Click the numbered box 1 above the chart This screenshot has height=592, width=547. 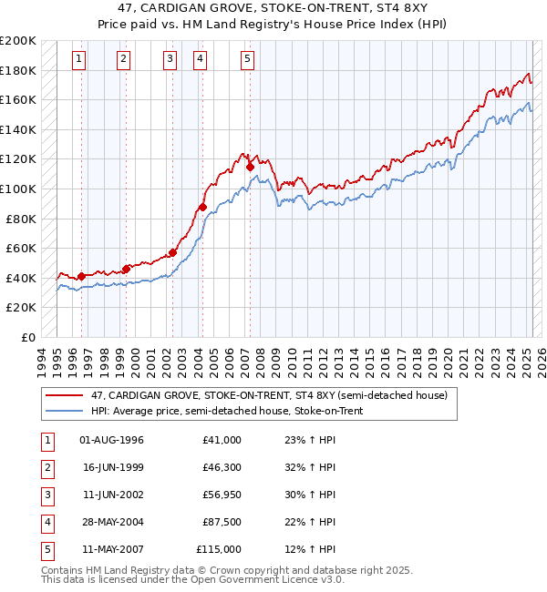(x=80, y=60)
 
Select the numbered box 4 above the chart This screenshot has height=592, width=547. (x=200, y=60)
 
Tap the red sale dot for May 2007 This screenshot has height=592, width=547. (x=250, y=167)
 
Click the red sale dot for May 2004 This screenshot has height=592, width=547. (x=202, y=207)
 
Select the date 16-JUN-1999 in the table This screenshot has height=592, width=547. (x=112, y=467)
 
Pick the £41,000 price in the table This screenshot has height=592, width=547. (x=222, y=440)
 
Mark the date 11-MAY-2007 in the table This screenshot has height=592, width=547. (x=112, y=549)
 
